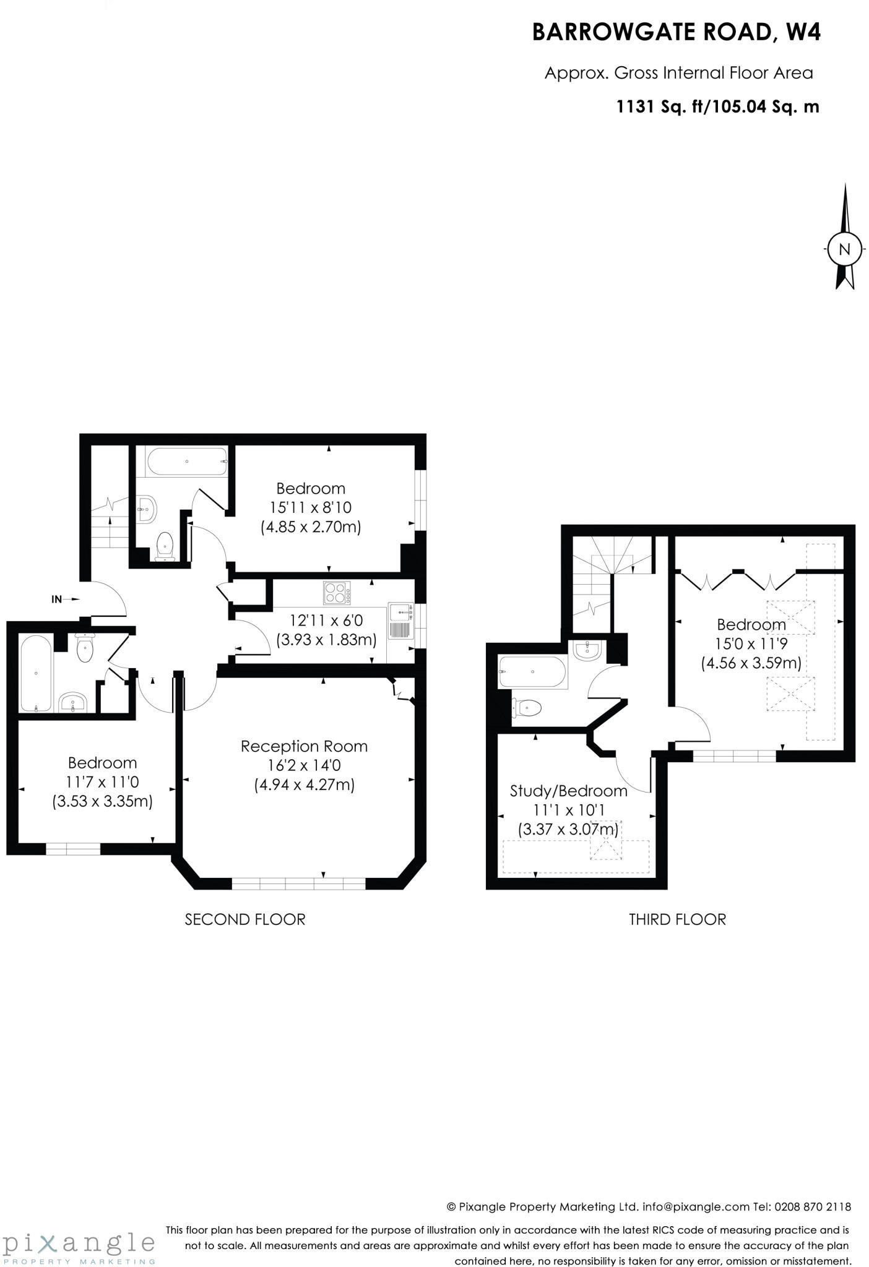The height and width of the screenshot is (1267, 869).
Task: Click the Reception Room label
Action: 304,746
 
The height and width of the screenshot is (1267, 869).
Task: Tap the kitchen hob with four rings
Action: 337,593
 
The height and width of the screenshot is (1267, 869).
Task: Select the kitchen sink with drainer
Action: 400,621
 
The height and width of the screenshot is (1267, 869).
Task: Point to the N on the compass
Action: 844,249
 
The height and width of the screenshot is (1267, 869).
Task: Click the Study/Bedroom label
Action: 568,791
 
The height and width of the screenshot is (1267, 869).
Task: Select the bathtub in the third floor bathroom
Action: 532,672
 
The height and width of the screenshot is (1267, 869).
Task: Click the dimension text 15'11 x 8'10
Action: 310,507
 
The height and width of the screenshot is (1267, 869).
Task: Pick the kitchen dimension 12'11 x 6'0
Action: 326,620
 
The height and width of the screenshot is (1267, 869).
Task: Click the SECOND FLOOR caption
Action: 245,919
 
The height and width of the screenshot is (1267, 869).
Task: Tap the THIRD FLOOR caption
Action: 677,919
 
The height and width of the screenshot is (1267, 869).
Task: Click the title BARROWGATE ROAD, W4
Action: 676,32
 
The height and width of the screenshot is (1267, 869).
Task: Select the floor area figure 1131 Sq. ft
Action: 661,106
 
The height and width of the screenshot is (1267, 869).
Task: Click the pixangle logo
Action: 79,1243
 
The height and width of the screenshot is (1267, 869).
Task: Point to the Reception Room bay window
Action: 298,884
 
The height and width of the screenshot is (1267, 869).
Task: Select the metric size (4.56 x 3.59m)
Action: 751,663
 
